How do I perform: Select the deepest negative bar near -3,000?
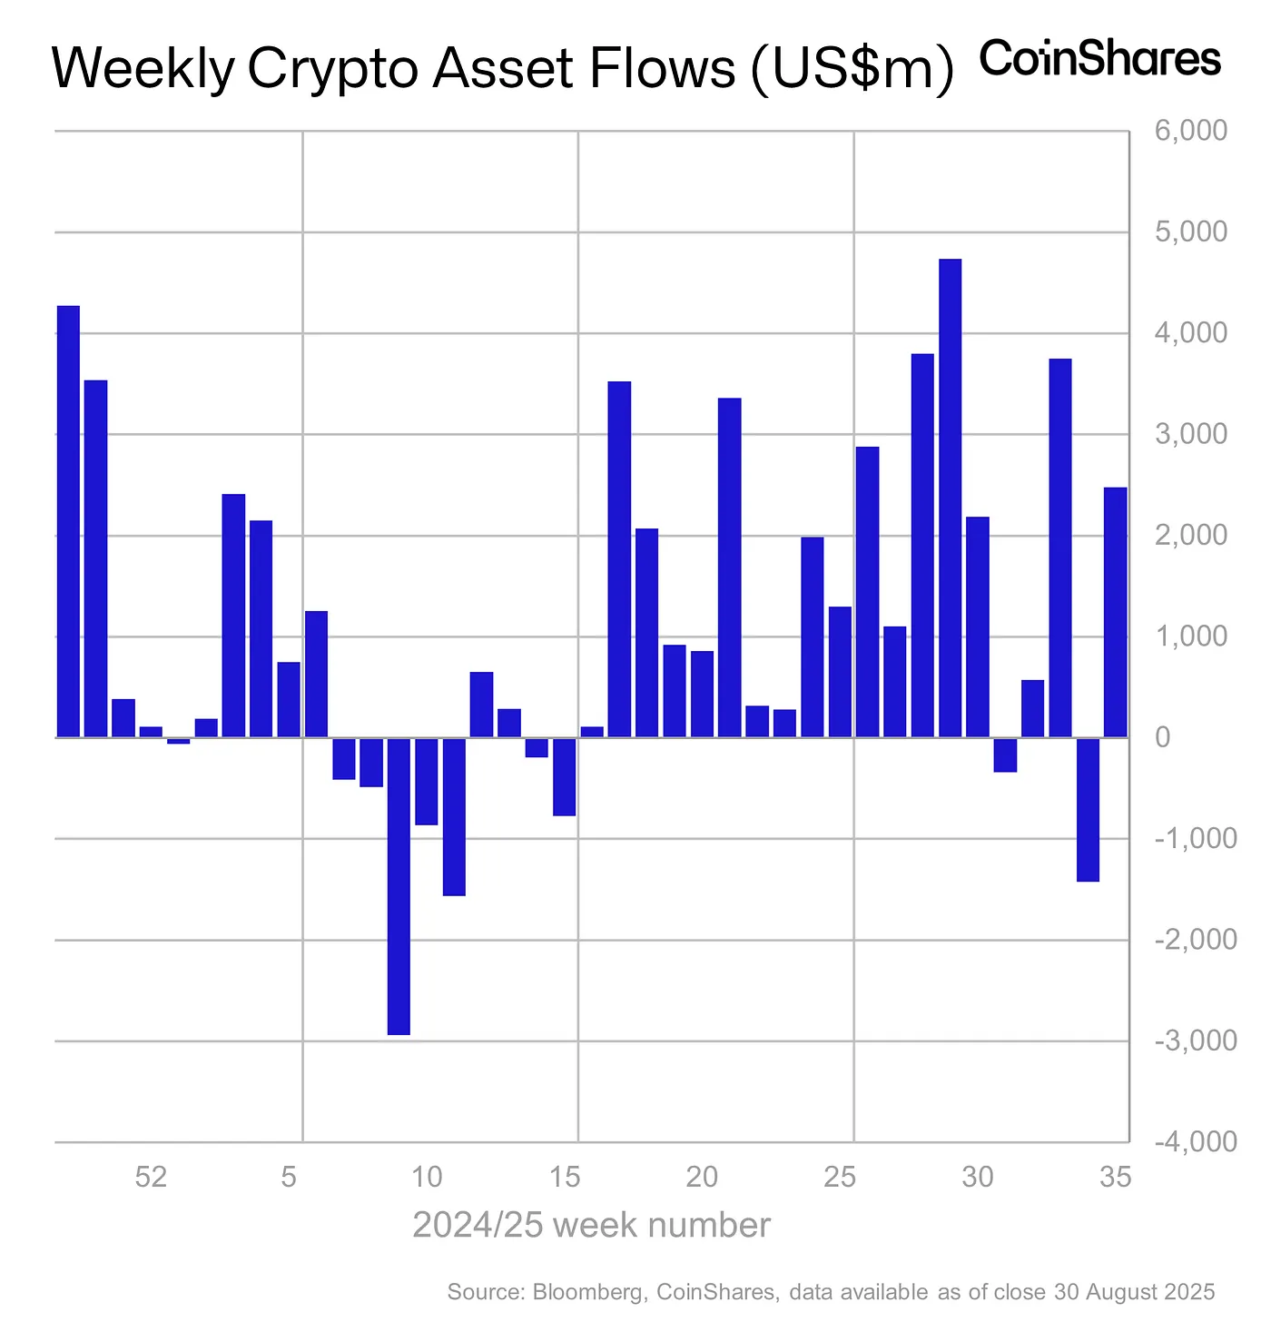pyautogui.click(x=399, y=885)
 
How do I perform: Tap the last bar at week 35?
pyautogui.click(x=1115, y=612)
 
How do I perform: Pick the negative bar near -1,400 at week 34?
pyautogui.click(x=1088, y=809)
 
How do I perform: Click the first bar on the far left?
pyautogui.click(x=68, y=521)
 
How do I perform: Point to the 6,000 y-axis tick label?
pyautogui.click(x=1190, y=131)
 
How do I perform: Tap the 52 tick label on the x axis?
pyautogui.click(x=151, y=1178)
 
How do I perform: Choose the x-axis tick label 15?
pyautogui.click(x=565, y=1178)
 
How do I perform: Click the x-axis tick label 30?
pyautogui.click(x=978, y=1178)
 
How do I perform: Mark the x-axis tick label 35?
pyautogui.click(x=1115, y=1178)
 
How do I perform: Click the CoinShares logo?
pyautogui.click(x=1099, y=59)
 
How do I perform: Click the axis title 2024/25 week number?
pyautogui.click(x=591, y=1225)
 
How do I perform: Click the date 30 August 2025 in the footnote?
pyautogui.click(x=1133, y=1292)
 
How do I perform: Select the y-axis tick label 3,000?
pyautogui.click(x=1190, y=434)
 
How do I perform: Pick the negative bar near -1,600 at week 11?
pyautogui.click(x=454, y=816)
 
